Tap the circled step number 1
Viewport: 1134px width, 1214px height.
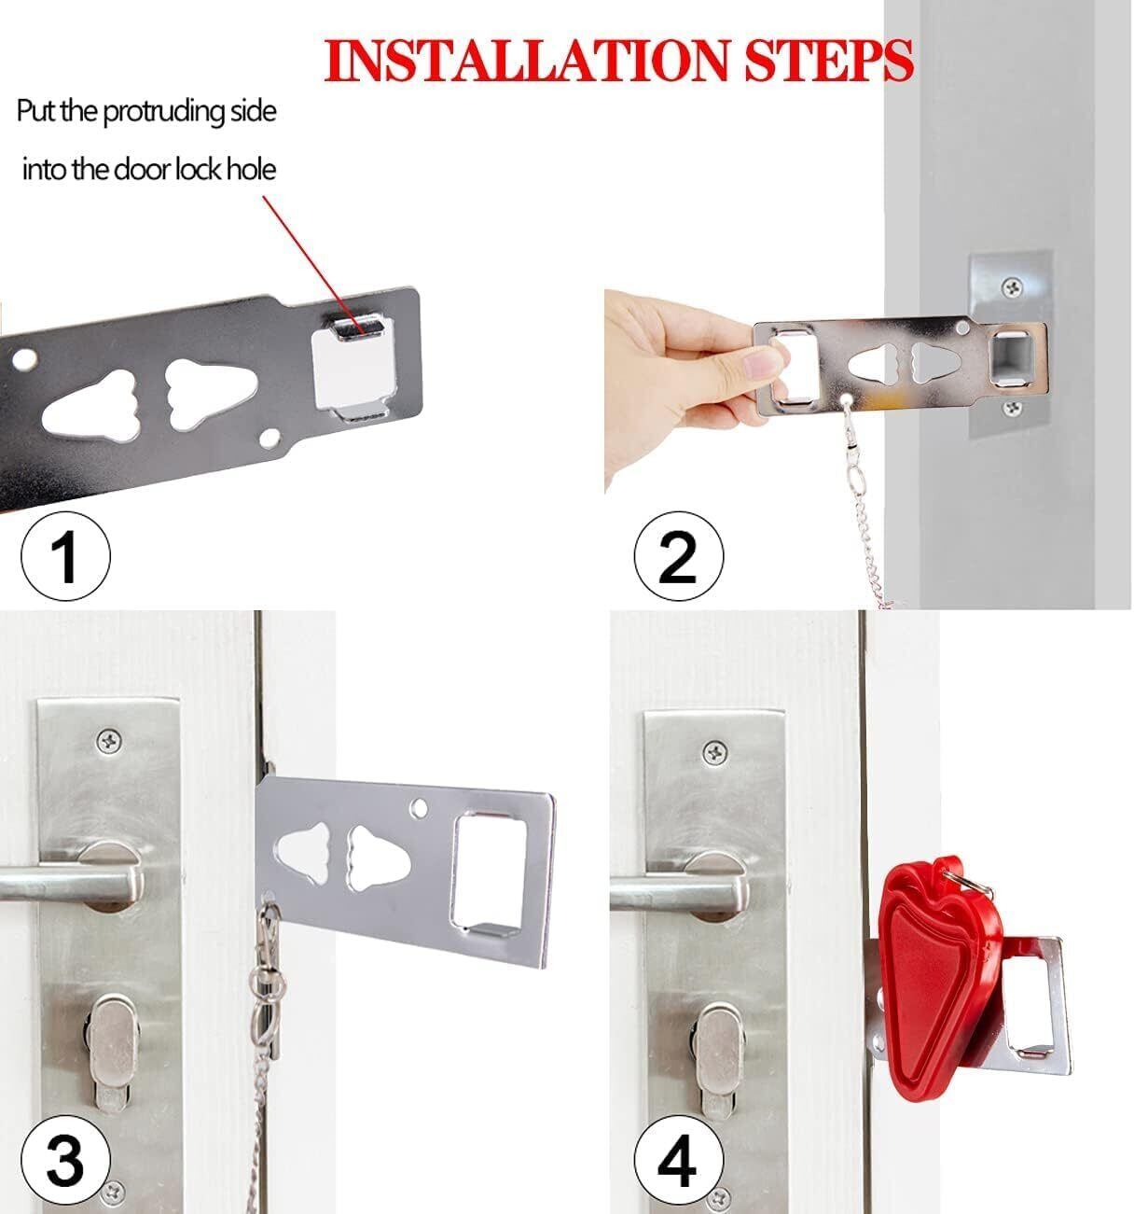pos(66,556)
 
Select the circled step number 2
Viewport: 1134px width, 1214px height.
pos(679,556)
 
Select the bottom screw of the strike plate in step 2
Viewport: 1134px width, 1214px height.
pos(1013,408)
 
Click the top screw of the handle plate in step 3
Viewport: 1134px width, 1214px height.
pos(109,742)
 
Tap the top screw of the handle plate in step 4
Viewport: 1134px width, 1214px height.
pos(715,752)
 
